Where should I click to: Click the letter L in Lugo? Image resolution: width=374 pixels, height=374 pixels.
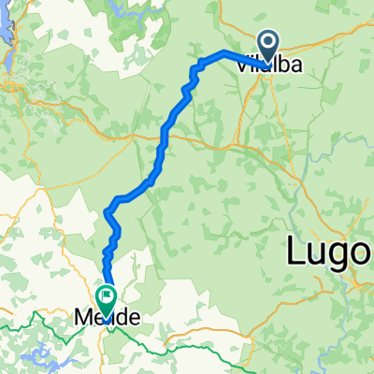click(x=295, y=250)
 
